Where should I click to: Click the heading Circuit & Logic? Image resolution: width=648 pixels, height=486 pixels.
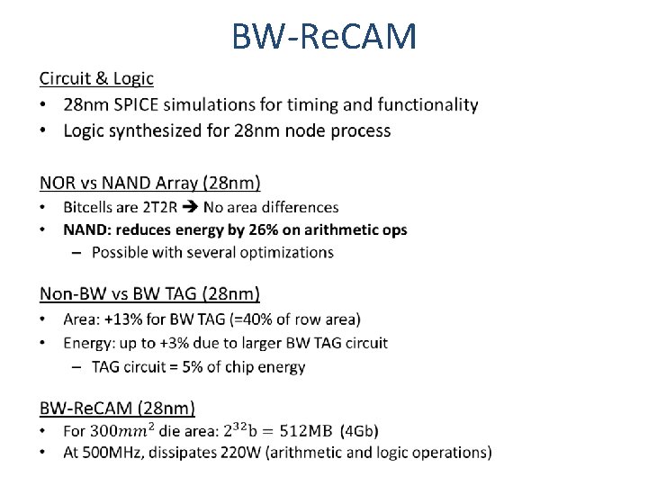(96, 79)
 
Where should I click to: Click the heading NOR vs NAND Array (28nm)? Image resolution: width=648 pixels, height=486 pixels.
(149, 184)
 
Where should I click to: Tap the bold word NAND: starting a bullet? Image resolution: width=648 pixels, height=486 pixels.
(88, 229)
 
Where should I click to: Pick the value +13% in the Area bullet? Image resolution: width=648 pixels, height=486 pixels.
(121, 319)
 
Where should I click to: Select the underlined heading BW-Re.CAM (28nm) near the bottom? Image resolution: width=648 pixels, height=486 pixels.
(117, 409)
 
